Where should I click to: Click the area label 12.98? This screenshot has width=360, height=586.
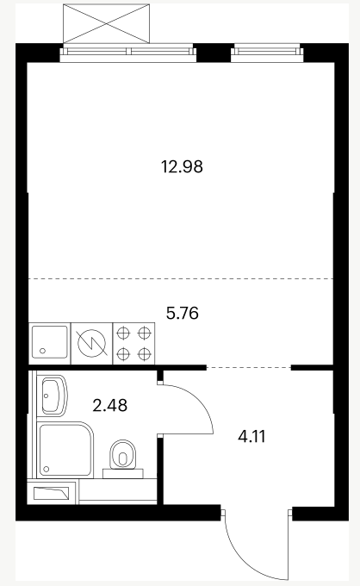(182, 166)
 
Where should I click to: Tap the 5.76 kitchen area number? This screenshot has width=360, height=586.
(183, 313)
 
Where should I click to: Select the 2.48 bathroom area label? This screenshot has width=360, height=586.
(109, 405)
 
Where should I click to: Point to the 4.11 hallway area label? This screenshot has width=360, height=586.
(251, 436)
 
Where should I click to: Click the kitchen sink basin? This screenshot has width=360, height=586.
(50, 343)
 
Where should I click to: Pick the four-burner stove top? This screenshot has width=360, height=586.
(133, 343)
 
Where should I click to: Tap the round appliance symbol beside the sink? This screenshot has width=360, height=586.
(91, 343)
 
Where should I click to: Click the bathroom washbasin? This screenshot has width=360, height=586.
(54, 396)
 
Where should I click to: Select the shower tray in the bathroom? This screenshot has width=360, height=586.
(65, 450)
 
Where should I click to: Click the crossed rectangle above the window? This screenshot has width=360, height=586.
(107, 23)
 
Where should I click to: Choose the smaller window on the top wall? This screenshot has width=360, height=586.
(267, 53)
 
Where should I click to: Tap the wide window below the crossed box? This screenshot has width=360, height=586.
(128, 53)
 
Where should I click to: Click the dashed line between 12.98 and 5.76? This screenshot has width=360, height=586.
(181, 279)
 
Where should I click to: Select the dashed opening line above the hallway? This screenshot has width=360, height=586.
(249, 368)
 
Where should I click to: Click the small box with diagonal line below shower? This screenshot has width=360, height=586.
(52, 493)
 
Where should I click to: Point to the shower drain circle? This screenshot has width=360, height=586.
(47, 469)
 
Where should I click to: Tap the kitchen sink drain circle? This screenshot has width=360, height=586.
(42, 351)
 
